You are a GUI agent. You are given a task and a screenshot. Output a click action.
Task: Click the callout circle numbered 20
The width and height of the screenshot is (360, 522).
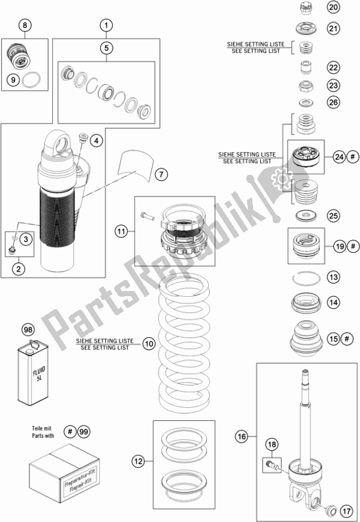tap(333, 7)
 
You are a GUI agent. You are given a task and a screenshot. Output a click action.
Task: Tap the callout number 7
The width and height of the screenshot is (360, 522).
tap(161, 174)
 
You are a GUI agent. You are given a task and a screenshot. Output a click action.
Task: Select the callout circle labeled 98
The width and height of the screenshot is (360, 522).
tap(28, 330)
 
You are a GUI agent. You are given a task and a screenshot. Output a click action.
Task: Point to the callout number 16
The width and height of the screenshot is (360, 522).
tap(242, 436)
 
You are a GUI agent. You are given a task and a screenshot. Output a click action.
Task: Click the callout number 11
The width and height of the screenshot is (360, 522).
tap(122, 231)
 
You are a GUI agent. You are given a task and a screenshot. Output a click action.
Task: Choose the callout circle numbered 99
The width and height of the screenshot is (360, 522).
tap(84, 432)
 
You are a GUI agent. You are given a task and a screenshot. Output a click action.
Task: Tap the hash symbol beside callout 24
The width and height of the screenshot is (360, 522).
tap(353, 156)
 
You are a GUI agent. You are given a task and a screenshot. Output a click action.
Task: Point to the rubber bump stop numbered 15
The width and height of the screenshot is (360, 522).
tap(307, 338)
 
